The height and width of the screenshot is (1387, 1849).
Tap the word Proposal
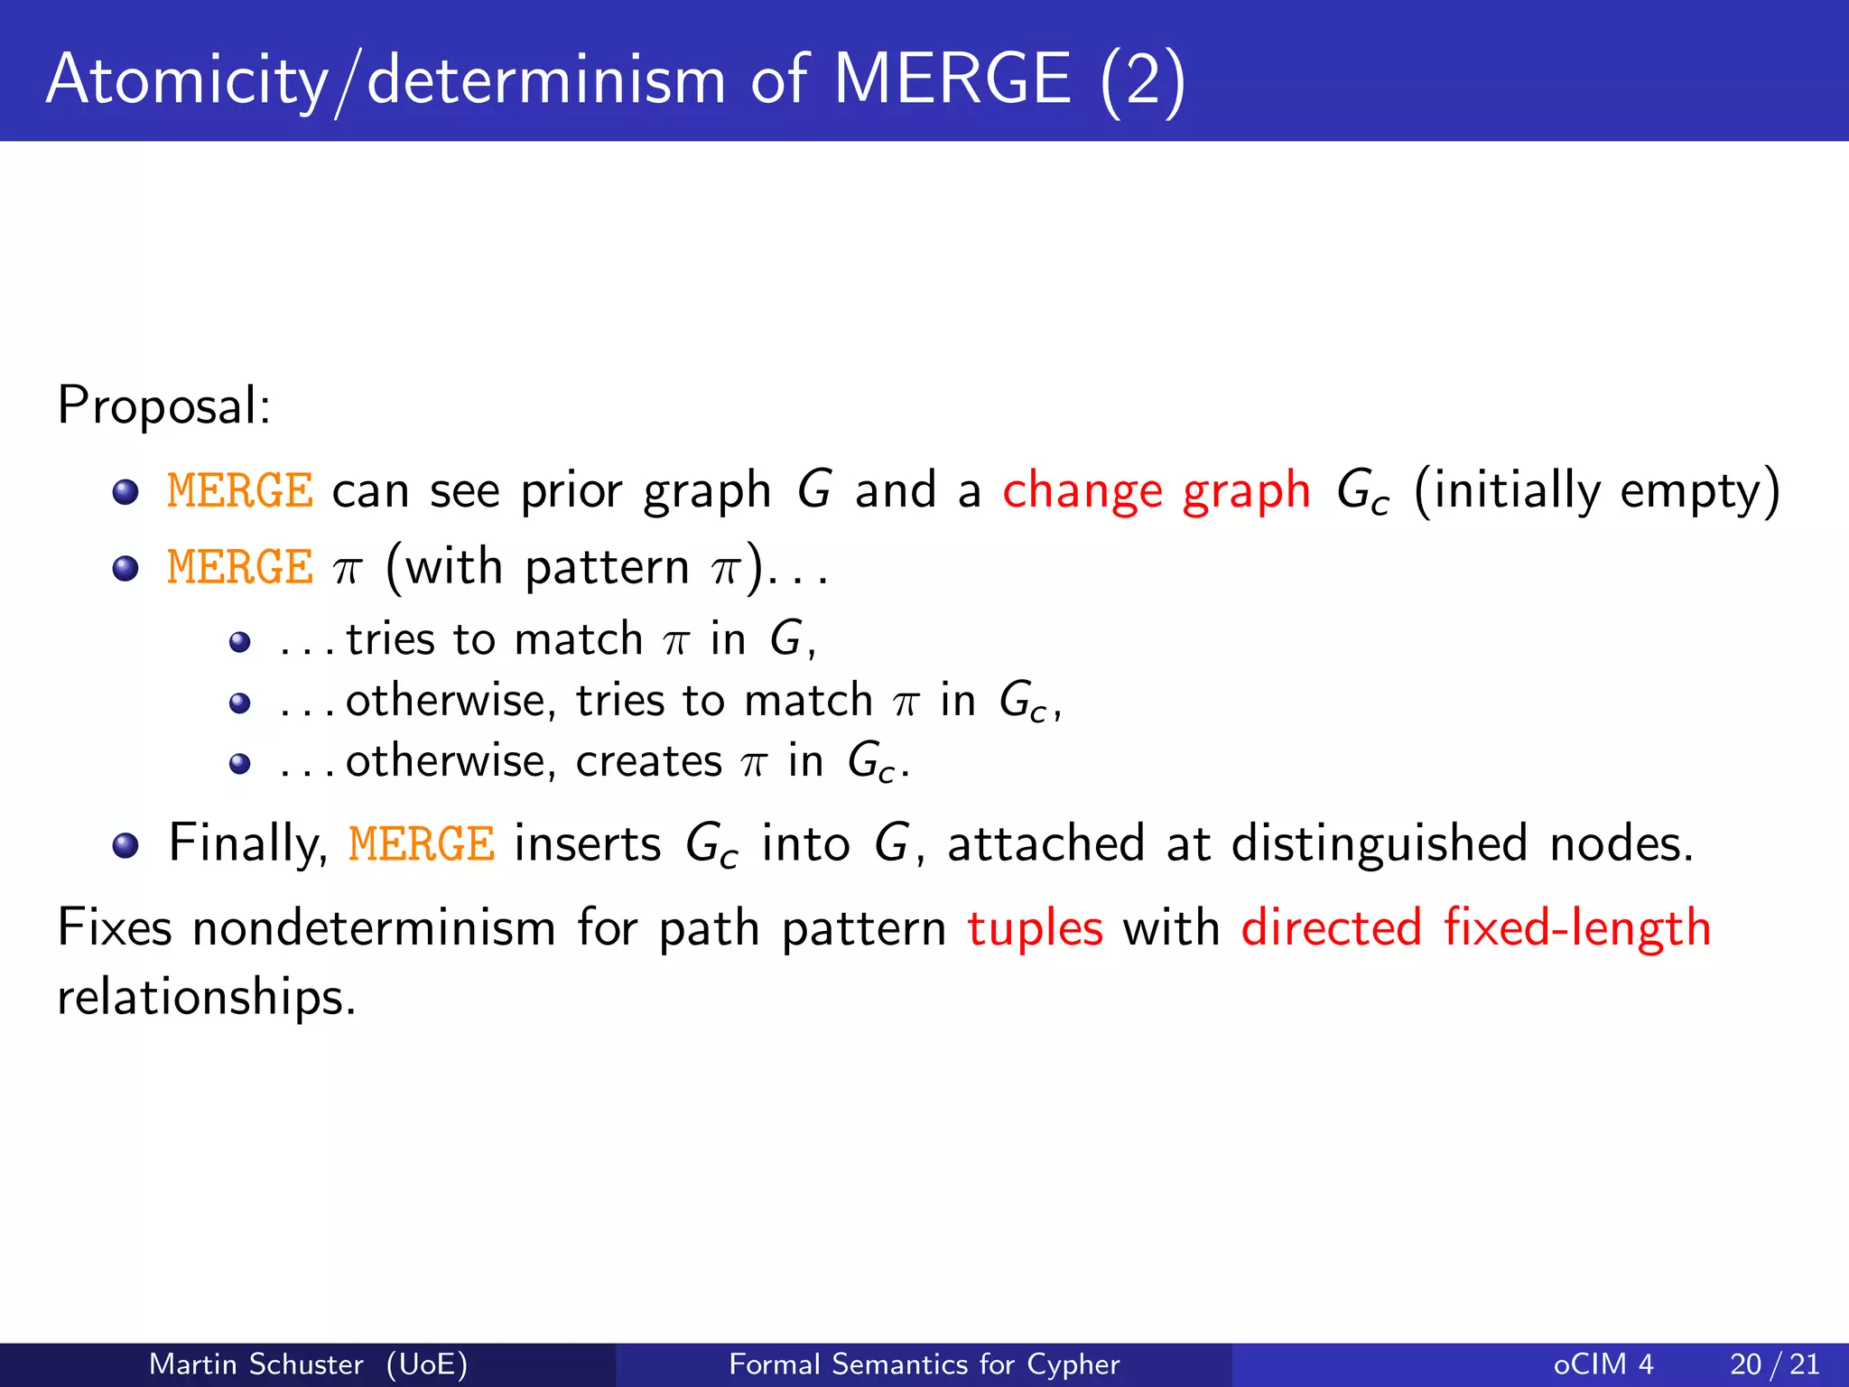coord(163,405)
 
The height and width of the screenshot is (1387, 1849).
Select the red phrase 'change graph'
coord(1156,492)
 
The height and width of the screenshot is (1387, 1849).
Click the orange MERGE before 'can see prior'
coord(240,492)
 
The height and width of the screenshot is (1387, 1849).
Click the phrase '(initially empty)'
coord(1596,492)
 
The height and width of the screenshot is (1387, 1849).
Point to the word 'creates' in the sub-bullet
coord(648,761)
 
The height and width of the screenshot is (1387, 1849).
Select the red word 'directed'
coord(1331,928)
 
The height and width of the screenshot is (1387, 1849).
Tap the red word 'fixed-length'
coord(1576,928)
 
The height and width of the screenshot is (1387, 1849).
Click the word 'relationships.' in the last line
coord(207,997)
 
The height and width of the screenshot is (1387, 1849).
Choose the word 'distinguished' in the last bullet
coord(1379,844)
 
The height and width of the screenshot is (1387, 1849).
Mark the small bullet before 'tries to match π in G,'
coord(239,642)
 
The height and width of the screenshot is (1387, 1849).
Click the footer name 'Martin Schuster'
coord(256,1364)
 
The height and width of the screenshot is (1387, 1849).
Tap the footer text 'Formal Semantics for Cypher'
coord(924,1364)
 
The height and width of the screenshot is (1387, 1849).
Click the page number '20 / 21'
coord(1774,1364)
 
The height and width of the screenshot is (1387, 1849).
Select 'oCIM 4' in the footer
coord(1603,1364)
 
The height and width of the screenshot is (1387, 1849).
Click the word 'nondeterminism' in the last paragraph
coord(374,928)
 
